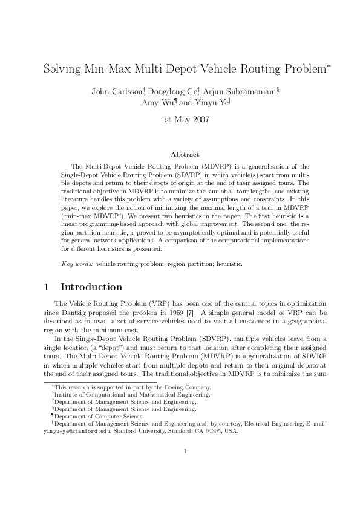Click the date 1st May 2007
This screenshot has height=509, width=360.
coord(185,119)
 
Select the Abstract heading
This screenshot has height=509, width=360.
coord(185,155)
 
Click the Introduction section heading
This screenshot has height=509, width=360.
coord(91,287)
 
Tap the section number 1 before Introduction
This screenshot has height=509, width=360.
coord(47,287)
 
